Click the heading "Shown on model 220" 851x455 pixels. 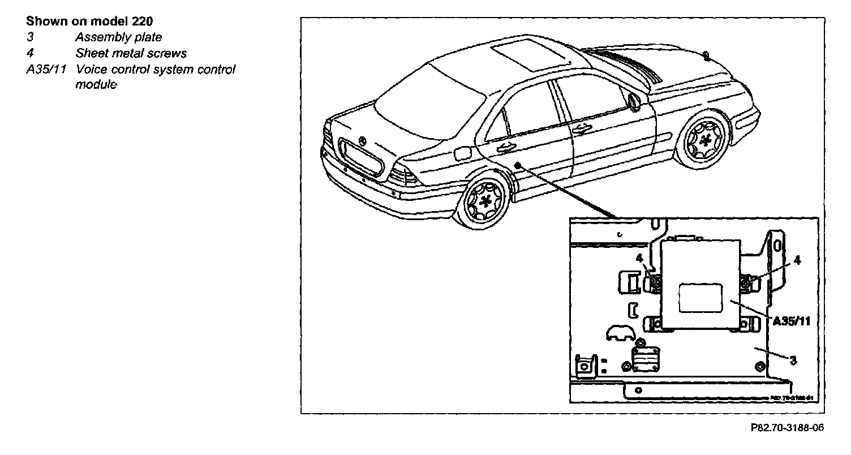pyautogui.click(x=90, y=22)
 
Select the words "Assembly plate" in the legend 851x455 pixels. pyautogui.click(x=118, y=37)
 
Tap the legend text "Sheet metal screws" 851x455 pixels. pyautogui.click(x=131, y=54)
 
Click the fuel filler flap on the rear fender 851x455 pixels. pyautogui.click(x=462, y=152)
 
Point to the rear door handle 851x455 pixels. pyautogui.click(x=506, y=148)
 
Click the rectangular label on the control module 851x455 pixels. pyautogui.click(x=700, y=298)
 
